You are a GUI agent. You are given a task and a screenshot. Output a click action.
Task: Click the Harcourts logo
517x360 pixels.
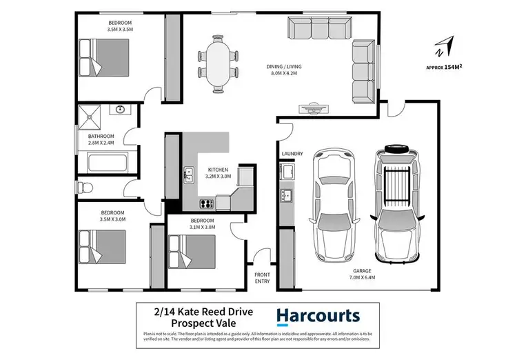pos(318,317)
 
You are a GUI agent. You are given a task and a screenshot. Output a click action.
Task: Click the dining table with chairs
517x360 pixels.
pos(219,60)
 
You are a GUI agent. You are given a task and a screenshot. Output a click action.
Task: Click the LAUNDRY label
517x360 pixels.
pos(292,154)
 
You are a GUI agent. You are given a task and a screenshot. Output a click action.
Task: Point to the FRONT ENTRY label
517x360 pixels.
pos(263,277)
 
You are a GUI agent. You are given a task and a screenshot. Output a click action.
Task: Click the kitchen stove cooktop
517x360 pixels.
pos(205,203)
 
